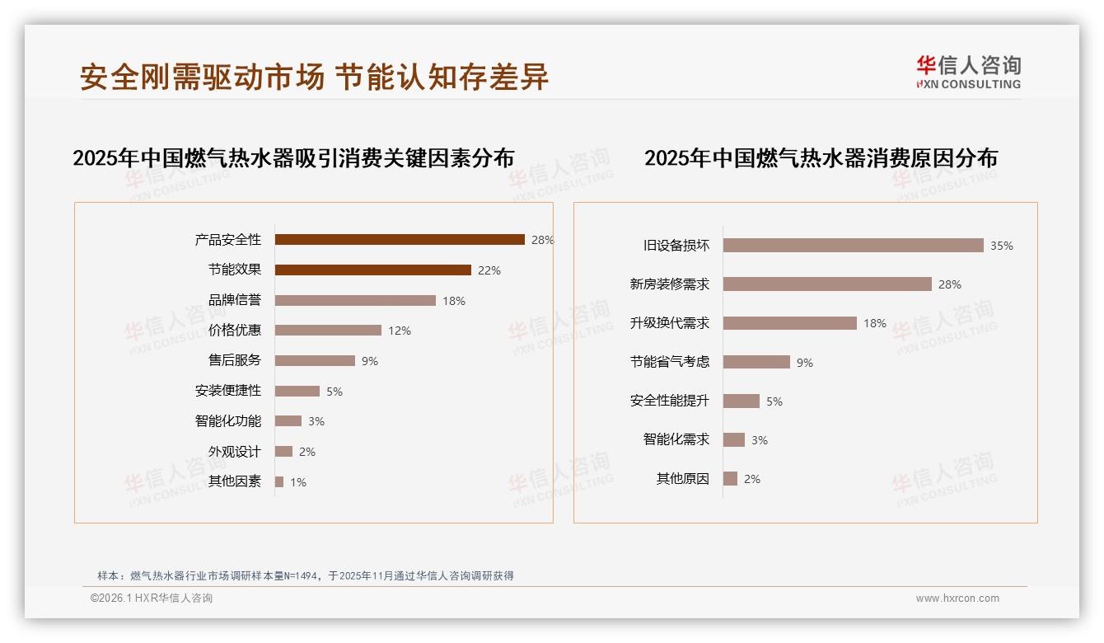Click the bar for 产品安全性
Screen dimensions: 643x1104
click(x=400, y=240)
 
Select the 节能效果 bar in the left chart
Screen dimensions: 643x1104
click(x=372, y=270)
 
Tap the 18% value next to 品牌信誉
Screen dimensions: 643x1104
click(x=454, y=301)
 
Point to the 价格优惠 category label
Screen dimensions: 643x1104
click(x=235, y=331)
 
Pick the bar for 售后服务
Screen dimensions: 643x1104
click(x=315, y=361)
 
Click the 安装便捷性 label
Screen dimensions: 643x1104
click(x=228, y=391)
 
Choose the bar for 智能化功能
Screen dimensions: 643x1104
click(x=288, y=421)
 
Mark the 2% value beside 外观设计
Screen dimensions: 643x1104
click(x=307, y=452)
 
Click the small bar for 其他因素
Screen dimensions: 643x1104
click(x=279, y=481)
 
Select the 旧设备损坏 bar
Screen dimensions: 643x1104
click(x=853, y=246)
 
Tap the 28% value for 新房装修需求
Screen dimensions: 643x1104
click(x=950, y=284)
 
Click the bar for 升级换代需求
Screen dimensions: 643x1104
click(x=789, y=323)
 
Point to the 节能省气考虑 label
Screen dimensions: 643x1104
click(x=670, y=362)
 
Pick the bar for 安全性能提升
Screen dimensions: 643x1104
click(x=741, y=401)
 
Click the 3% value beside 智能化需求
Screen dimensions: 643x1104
click(x=760, y=440)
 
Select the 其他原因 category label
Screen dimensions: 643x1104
click(x=683, y=479)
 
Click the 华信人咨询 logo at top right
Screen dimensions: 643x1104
click(x=968, y=72)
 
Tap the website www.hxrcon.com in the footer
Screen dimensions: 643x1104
click(x=957, y=598)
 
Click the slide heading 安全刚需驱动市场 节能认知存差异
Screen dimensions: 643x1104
click(x=314, y=77)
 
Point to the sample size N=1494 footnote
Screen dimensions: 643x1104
click(x=305, y=575)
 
